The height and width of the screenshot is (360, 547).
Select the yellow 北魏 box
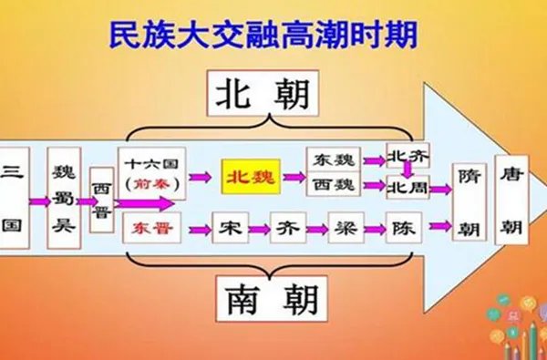click(x=249, y=175)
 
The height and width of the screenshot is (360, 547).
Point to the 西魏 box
click(x=333, y=185)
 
